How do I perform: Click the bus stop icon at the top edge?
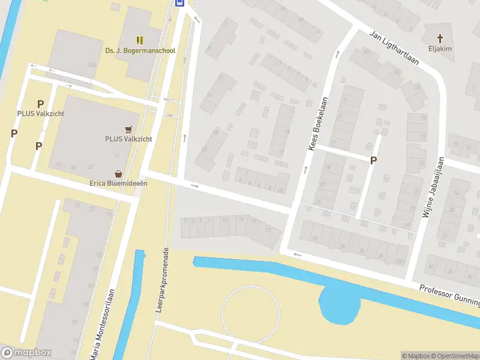point(179,2)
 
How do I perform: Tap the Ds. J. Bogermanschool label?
point(140,50)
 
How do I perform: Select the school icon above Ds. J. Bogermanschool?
point(140,40)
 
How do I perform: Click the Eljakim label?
point(440,49)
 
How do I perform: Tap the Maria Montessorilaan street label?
point(102,325)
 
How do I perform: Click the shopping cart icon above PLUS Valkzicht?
point(128,129)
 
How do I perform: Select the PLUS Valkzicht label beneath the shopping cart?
point(128,139)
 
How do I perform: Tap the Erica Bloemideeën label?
point(118,183)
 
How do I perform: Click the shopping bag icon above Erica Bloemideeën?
point(118,173)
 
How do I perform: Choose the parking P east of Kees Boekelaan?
point(373,160)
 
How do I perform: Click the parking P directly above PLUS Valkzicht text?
point(41,104)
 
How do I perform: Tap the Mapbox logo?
point(26,353)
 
